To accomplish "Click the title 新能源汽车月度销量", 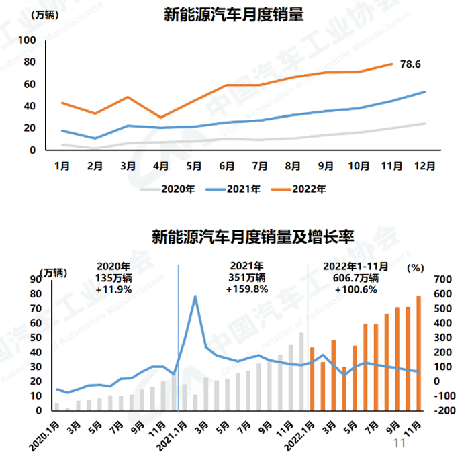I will pyautogui.click(x=233, y=15).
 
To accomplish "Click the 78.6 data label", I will pyautogui.click(x=411, y=64).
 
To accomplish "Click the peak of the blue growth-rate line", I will pyautogui.click(x=195, y=296).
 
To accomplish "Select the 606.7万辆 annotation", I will pyautogui.click(x=356, y=278).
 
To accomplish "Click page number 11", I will pyautogui.click(x=399, y=443).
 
